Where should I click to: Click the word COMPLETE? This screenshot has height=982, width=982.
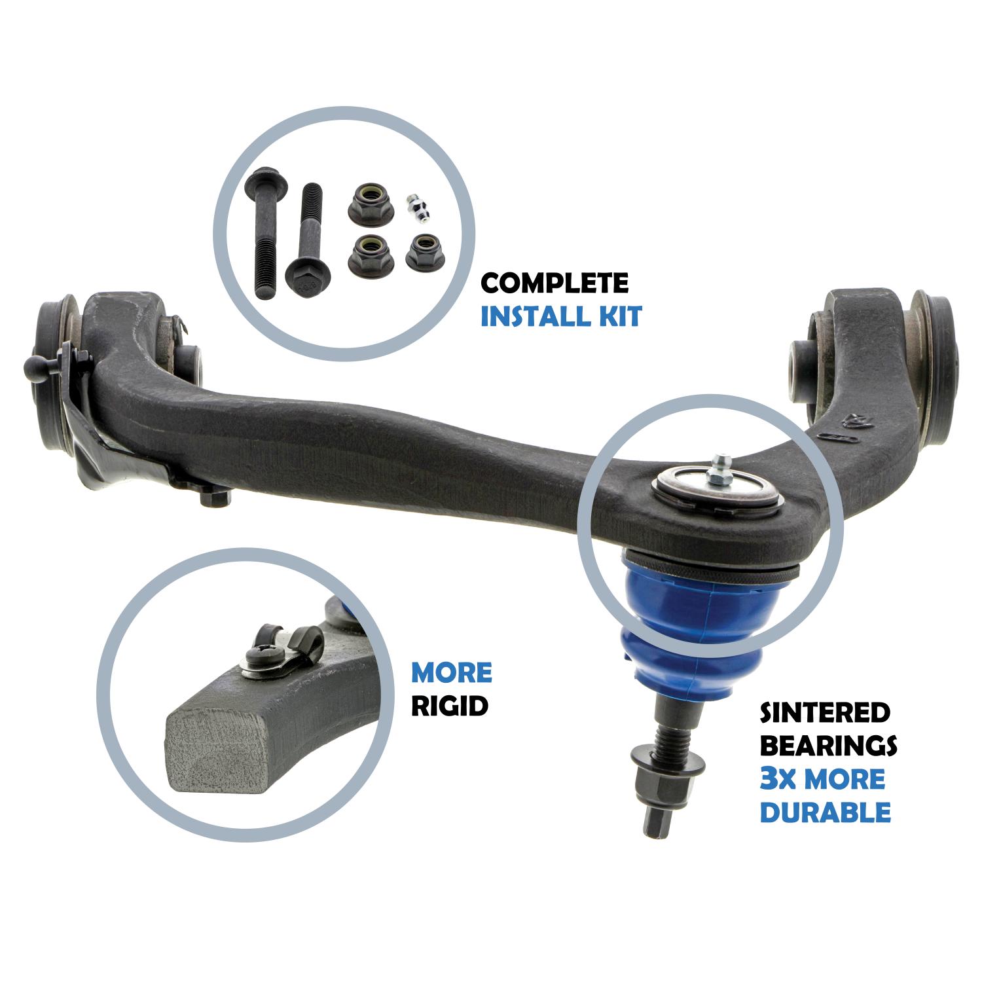(555, 283)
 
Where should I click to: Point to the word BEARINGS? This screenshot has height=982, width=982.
(827, 746)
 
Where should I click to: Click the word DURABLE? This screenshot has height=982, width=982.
(825, 812)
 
